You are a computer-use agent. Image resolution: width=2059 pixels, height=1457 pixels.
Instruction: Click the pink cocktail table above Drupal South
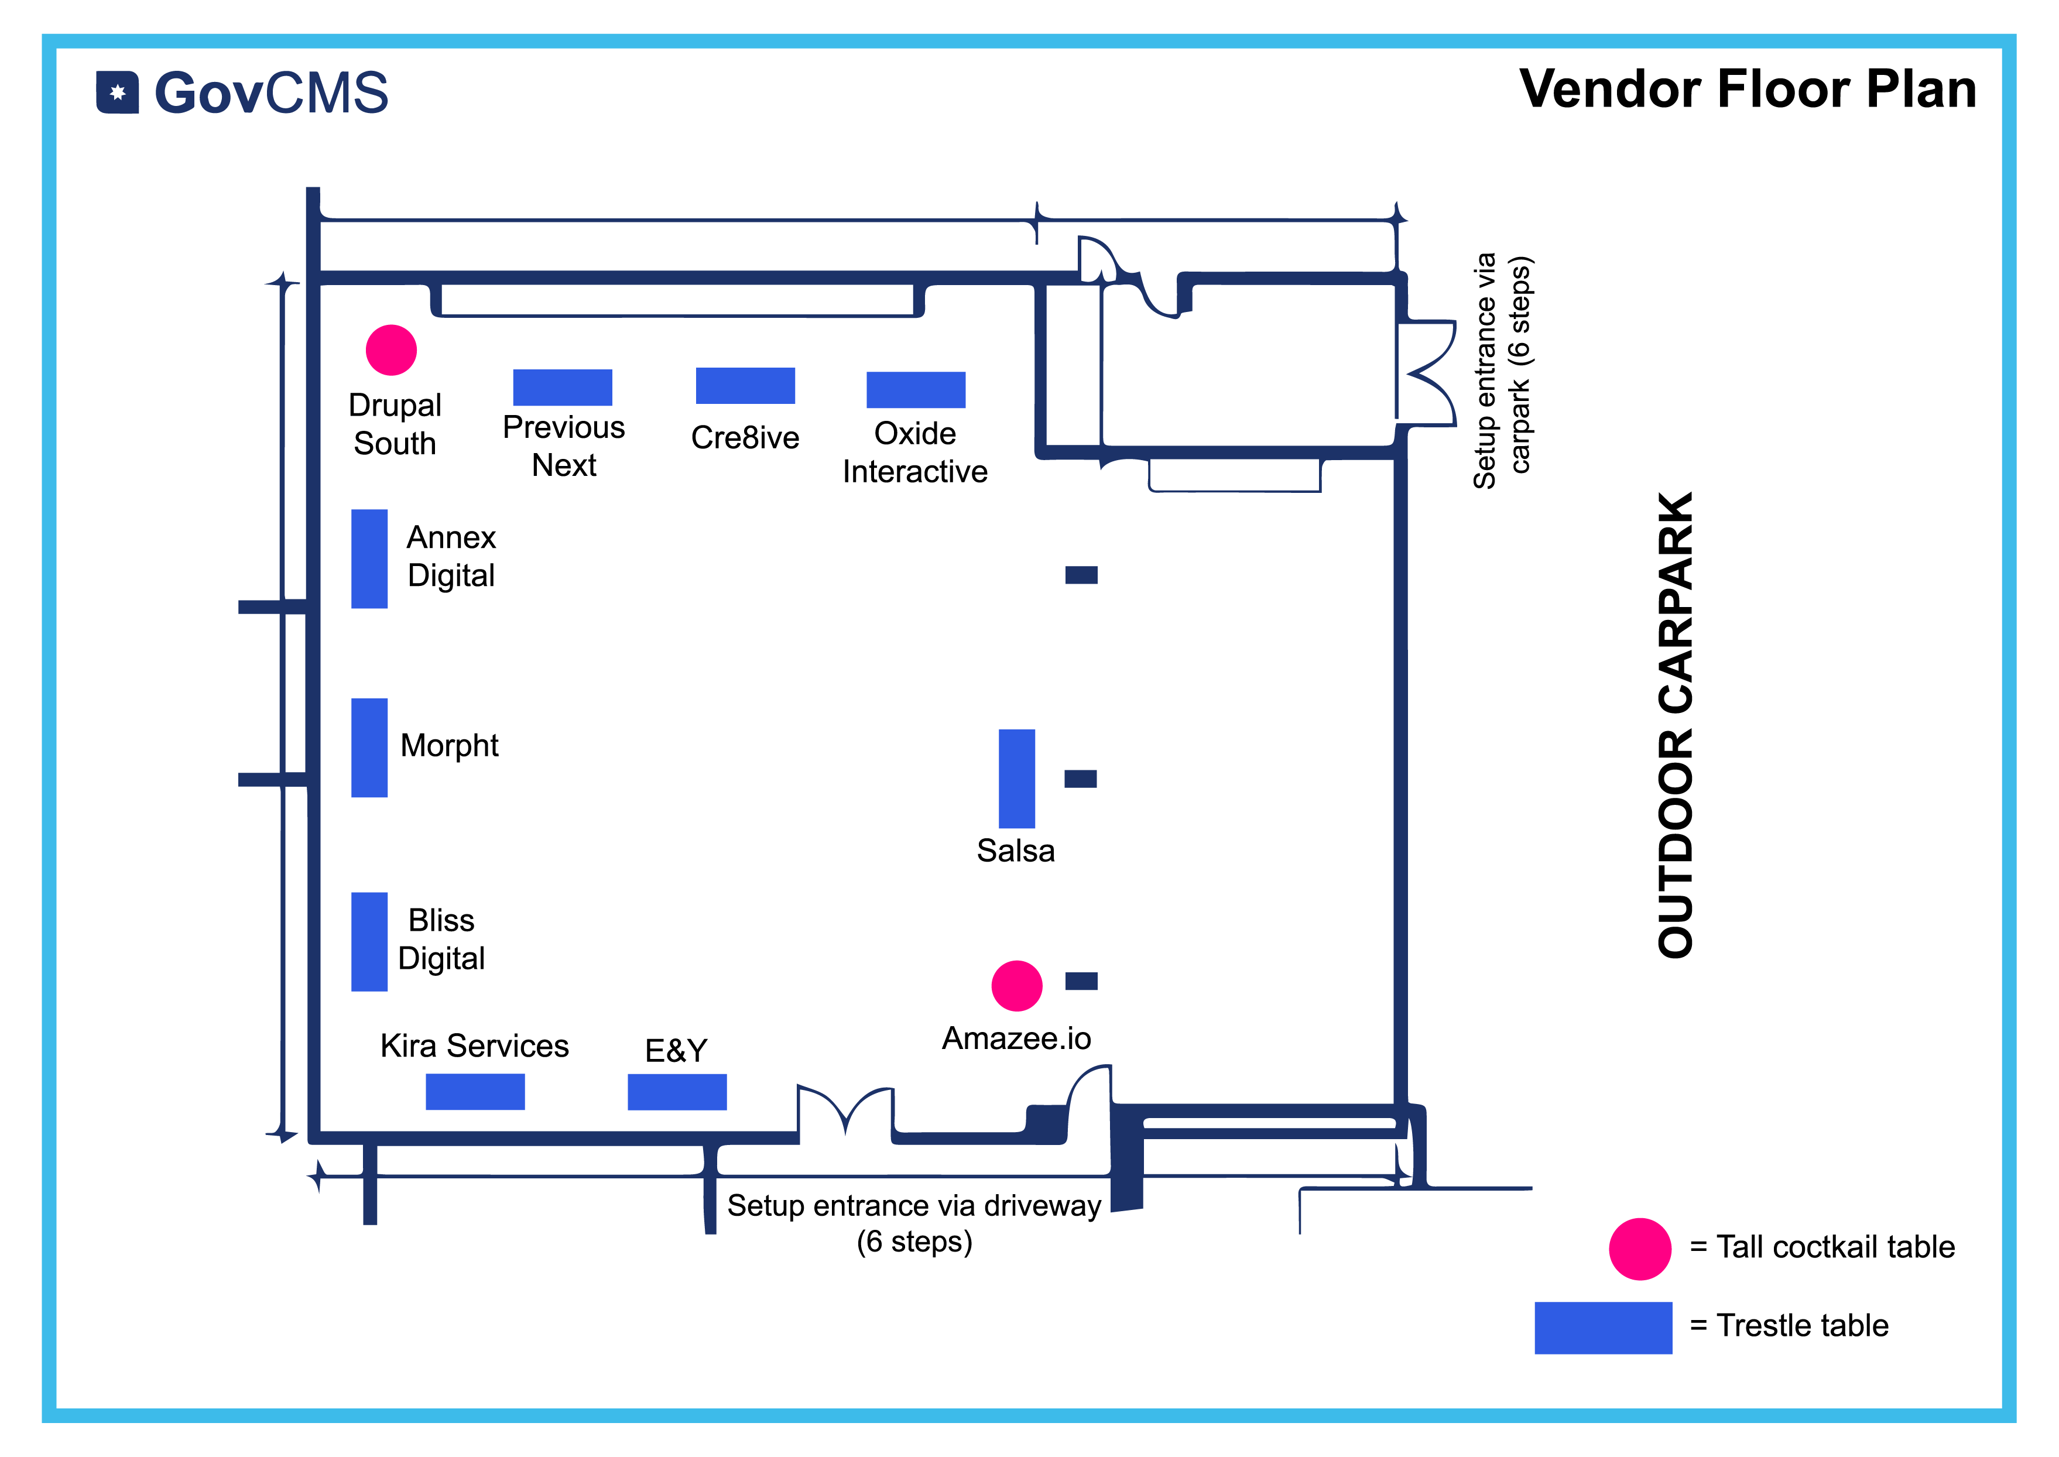click(391, 350)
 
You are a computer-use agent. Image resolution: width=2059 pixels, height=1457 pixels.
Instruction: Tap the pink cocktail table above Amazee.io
click(1016, 986)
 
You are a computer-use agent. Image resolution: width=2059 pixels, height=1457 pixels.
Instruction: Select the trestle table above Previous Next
click(563, 388)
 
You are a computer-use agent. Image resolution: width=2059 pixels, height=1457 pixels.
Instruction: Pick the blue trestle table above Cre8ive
click(745, 386)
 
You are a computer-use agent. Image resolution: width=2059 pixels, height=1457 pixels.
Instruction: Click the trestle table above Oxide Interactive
click(916, 389)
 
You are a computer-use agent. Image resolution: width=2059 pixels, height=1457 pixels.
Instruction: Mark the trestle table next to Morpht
click(369, 748)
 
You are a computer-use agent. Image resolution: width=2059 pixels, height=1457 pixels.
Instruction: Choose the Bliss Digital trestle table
click(369, 941)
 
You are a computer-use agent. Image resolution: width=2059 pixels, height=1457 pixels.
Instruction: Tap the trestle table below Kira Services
click(475, 1092)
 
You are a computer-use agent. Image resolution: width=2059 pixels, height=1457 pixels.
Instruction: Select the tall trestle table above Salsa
click(1016, 779)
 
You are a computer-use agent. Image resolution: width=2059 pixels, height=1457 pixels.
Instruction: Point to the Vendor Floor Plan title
click(1748, 89)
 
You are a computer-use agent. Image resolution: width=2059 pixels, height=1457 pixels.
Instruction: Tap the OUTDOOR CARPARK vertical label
click(1675, 725)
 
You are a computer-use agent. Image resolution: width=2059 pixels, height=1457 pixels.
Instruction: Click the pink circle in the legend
click(1640, 1249)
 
